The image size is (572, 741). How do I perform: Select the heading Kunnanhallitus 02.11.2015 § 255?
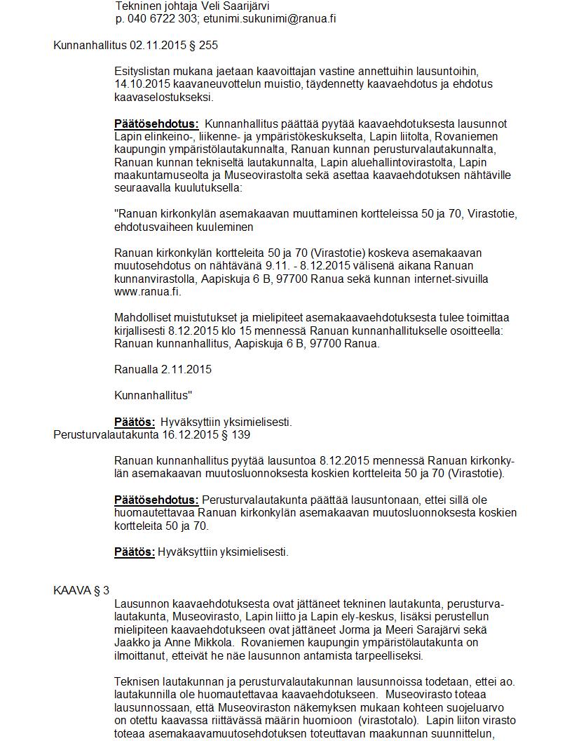(x=135, y=46)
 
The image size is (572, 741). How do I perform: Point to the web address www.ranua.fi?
(x=148, y=292)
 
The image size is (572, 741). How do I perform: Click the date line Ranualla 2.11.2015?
(x=163, y=370)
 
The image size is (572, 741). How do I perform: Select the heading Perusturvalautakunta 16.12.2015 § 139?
(x=151, y=435)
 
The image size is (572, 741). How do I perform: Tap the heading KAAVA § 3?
(x=81, y=591)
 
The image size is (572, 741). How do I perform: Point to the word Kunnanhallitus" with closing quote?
(x=154, y=396)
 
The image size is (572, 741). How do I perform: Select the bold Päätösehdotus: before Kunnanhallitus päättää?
(x=156, y=124)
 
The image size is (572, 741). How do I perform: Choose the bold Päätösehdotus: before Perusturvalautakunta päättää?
(x=156, y=500)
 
